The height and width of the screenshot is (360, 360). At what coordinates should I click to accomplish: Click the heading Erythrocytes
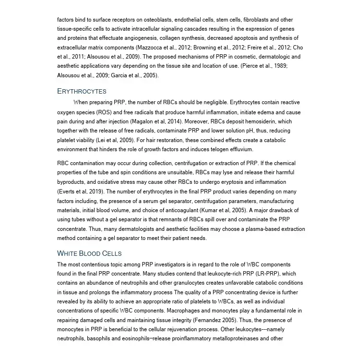click(82, 91)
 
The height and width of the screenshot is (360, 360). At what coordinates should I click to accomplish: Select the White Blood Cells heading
click(89, 253)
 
